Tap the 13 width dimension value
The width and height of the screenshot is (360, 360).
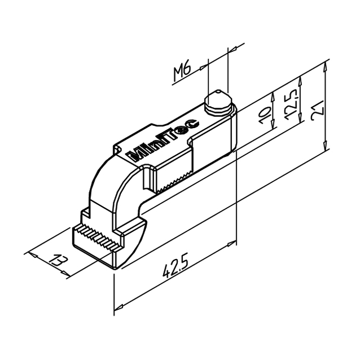click(59, 260)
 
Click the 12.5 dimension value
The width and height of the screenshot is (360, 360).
click(292, 104)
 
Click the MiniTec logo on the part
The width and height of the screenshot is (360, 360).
click(163, 139)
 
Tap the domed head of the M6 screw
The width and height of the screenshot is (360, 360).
click(218, 100)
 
